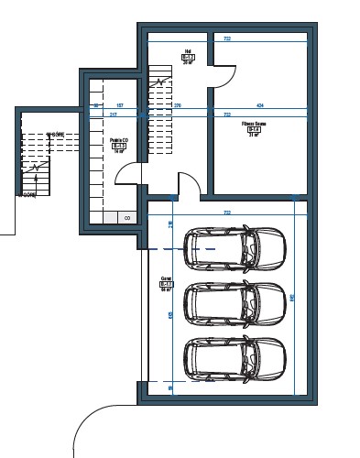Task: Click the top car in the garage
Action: click(235, 248)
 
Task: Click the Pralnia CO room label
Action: click(118, 145)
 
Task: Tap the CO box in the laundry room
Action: click(126, 218)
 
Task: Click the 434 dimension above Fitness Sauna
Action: click(260, 105)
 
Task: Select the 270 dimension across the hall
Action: click(178, 105)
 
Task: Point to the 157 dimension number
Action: click(119, 105)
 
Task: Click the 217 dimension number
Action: click(113, 115)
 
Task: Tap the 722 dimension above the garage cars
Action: click(226, 213)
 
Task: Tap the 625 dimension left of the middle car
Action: click(170, 315)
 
